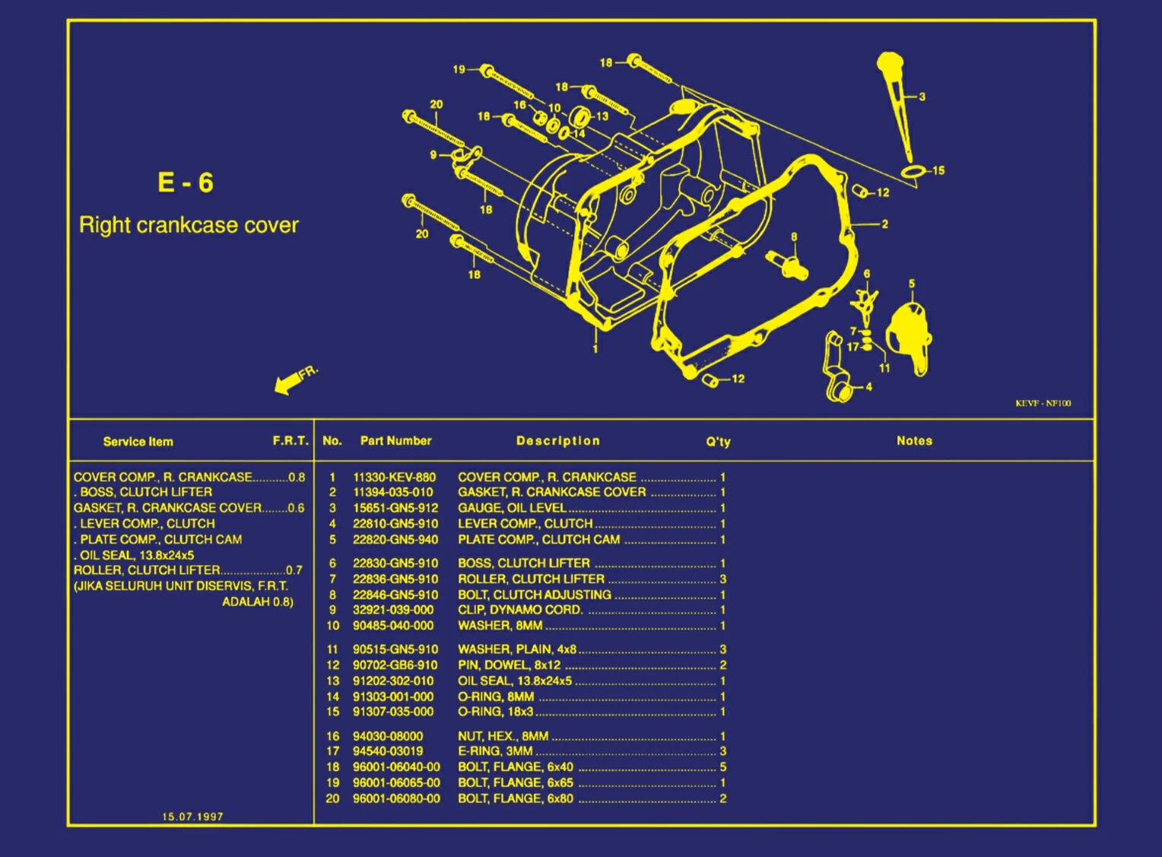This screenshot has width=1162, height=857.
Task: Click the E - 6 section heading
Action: [186, 183]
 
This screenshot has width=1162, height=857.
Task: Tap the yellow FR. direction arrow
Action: [288, 383]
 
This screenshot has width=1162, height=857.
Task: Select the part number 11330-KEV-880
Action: [394, 478]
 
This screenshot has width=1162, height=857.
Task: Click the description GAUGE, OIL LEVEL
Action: [511, 508]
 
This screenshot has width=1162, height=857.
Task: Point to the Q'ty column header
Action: [718, 442]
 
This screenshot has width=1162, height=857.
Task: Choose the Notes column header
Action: [914, 441]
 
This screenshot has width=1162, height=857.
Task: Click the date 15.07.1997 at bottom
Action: [192, 817]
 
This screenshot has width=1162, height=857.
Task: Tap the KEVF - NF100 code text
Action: [1043, 403]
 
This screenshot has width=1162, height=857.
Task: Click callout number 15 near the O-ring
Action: [938, 170]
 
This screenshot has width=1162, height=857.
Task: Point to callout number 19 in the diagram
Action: [459, 69]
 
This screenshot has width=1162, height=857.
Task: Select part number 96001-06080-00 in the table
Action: [396, 798]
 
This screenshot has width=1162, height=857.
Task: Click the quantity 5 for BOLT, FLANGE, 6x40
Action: [722, 767]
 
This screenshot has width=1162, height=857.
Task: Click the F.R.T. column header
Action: [290, 441]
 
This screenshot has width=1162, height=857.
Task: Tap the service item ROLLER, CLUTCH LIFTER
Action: [147, 570]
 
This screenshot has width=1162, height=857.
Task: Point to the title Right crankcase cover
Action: [189, 225]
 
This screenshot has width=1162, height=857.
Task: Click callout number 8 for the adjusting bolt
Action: [794, 237]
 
